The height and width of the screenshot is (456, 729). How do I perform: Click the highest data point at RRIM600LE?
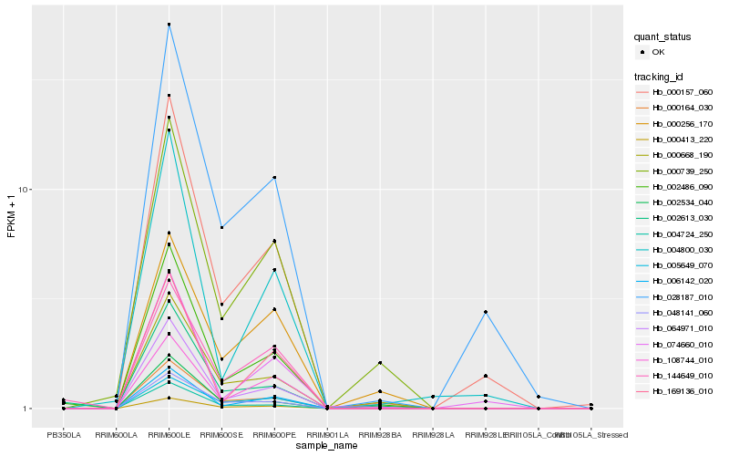tap(169, 25)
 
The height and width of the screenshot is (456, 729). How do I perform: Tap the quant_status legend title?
tap(662, 37)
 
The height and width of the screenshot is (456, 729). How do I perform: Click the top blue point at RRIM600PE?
tap(274, 177)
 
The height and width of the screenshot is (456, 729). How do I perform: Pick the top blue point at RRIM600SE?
tap(221, 227)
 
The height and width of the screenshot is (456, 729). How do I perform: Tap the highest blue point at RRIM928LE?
tap(486, 312)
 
